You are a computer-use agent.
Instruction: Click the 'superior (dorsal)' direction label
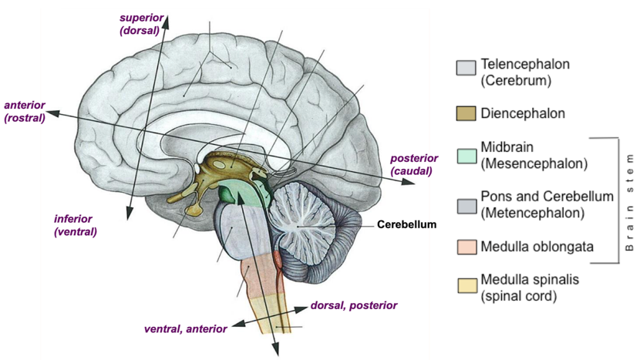coord(142,24)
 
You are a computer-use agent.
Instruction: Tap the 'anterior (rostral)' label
coord(25,112)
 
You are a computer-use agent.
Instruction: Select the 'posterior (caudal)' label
coord(414,164)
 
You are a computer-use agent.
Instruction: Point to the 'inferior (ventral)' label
coord(76,225)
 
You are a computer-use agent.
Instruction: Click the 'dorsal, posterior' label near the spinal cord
coord(354,305)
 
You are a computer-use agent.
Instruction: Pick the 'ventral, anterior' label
coord(185,329)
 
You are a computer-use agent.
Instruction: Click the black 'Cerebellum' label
coord(407,224)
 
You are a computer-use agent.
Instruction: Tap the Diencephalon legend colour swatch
coord(466,113)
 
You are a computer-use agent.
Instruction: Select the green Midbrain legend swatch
coord(466,156)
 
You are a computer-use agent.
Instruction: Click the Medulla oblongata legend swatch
coord(466,247)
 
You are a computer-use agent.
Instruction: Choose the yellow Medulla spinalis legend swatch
coord(467,286)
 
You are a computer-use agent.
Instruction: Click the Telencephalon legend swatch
coord(466,68)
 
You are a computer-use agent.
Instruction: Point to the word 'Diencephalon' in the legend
coord(523,113)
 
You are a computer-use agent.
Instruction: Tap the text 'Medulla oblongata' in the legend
coord(537,247)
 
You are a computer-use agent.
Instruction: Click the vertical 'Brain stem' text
coord(630,202)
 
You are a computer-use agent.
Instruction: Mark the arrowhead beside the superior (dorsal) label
coord(166,22)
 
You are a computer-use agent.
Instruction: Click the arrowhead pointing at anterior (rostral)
coord(52,113)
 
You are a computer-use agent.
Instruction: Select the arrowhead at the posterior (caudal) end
coord(408,181)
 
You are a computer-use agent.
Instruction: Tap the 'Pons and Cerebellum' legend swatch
coord(466,206)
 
